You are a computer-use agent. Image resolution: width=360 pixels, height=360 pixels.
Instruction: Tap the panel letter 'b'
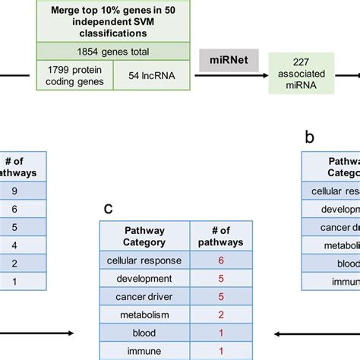(308, 137)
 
